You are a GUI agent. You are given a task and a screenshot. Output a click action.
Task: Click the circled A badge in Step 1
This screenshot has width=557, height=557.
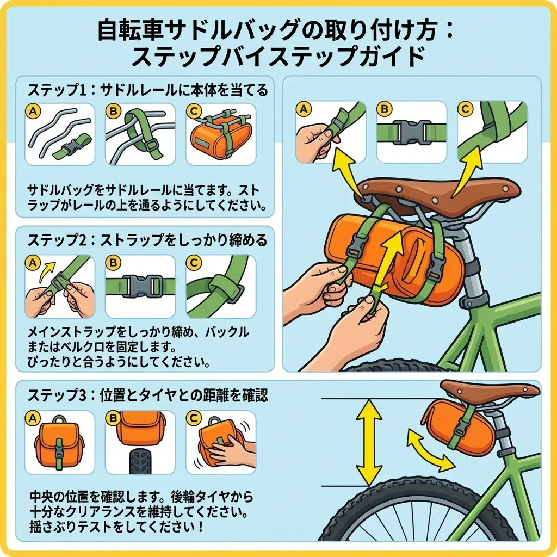[34, 111]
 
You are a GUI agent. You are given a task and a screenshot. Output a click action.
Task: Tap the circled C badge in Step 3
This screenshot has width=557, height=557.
[194, 419]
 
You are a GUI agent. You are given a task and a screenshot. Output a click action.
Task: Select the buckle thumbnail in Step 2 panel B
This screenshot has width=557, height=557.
[141, 286]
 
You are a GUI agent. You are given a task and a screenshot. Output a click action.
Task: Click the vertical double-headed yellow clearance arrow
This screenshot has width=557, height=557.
[368, 442]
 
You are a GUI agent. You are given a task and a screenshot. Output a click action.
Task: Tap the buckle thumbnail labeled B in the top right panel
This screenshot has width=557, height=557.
[412, 132]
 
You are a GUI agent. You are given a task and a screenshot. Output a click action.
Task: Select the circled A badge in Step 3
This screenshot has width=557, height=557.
[34, 419]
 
